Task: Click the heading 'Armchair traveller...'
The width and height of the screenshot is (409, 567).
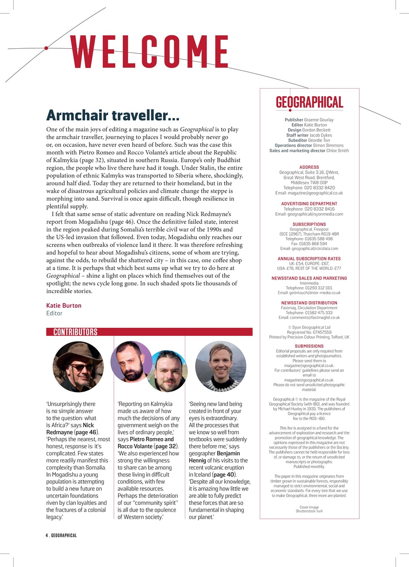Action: [x=113, y=115]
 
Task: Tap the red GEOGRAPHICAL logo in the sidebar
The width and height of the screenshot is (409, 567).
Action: [x=309, y=103]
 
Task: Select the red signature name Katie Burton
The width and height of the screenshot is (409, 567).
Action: [x=64, y=306]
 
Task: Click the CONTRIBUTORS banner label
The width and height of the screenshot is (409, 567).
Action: [x=75, y=332]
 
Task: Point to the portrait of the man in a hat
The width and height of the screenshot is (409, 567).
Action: [x=78, y=366]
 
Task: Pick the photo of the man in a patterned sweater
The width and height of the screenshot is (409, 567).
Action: [x=220, y=366]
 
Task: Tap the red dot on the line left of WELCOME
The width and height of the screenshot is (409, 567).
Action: [x=46, y=48]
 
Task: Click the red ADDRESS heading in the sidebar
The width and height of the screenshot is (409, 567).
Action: [x=309, y=167]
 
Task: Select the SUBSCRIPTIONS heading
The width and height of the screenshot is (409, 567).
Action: [x=309, y=225]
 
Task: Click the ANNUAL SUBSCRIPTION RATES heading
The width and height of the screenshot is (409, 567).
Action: [x=309, y=259]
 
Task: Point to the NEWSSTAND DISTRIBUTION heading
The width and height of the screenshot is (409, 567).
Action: [x=309, y=303]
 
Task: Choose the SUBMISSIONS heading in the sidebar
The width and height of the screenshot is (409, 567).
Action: [x=309, y=346]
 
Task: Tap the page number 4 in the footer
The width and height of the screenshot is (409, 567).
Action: [x=47, y=536]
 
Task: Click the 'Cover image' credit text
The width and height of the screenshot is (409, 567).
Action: [x=309, y=507]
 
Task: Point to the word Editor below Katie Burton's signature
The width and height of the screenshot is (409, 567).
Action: [x=55, y=313]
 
